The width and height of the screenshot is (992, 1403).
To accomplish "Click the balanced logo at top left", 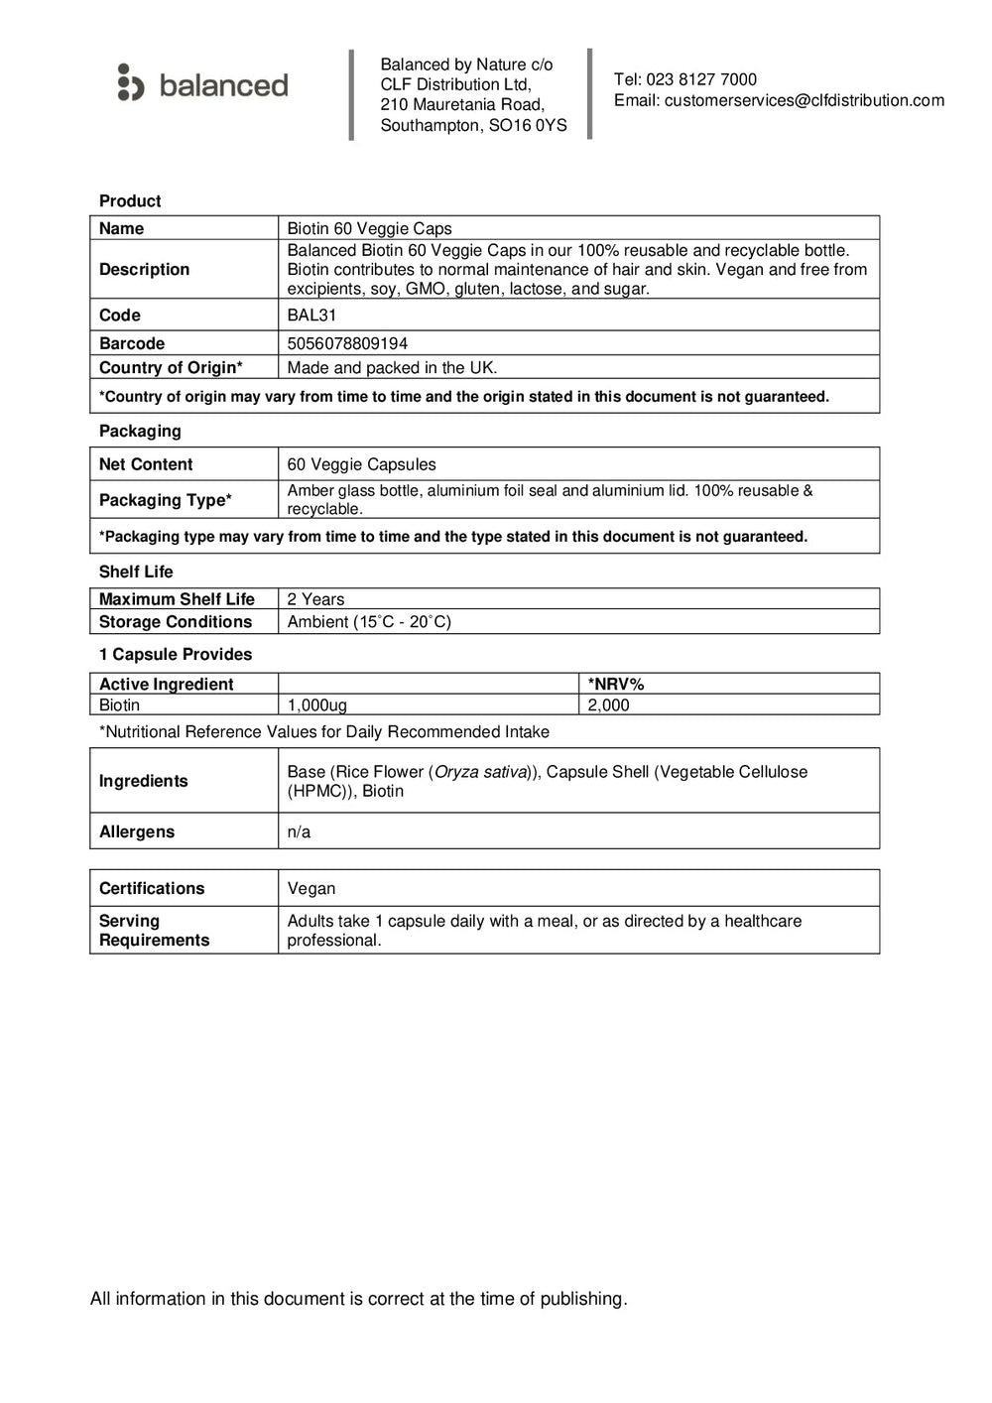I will [203, 84].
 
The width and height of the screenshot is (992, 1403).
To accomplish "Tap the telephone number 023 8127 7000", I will [701, 79].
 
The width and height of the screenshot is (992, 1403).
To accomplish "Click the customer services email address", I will [804, 100].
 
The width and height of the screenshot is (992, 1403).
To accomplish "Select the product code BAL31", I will [311, 316].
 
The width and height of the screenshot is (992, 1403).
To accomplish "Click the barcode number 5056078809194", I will [347, 343].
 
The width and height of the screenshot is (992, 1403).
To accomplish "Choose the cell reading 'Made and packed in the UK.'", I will [392, 368].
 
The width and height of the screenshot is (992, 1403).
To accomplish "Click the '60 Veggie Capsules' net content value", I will [361, 464].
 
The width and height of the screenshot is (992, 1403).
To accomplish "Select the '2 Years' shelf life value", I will [315, 599].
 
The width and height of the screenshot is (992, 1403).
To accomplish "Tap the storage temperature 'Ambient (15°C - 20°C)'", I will [369, 622].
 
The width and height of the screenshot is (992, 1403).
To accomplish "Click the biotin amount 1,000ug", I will [316, 705].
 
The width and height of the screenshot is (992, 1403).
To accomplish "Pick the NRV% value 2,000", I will [608, 705].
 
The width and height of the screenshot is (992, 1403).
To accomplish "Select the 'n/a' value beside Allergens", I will [299, 832].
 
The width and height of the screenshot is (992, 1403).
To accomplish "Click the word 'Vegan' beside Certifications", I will [311, 889].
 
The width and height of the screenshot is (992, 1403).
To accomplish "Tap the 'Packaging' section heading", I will [140, 432].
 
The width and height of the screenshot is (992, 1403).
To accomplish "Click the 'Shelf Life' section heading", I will [136, 572].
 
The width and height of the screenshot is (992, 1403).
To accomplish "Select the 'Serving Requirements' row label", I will [154, 931].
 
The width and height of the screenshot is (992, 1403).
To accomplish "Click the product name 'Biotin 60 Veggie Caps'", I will [369, 229].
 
